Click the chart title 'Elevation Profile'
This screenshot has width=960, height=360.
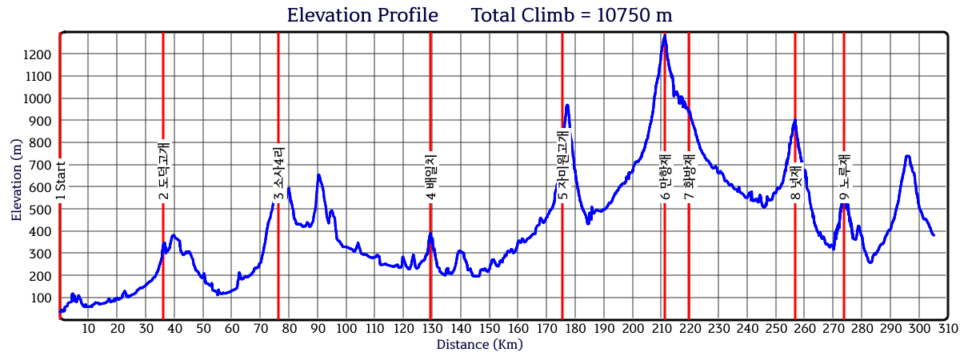click(362, 15)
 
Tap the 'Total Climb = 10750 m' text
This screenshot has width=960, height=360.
click(571, 15)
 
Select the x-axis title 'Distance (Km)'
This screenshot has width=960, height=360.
click(479, 345)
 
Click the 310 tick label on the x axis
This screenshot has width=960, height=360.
click(948, 329)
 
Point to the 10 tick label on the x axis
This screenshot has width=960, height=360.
click(89, 329)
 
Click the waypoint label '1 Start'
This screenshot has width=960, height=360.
click(60, 181)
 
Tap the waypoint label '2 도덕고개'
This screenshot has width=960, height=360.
click(163, 171)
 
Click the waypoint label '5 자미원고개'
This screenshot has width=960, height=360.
click(562, 166)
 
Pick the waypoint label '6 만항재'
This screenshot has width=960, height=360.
click(665, 178)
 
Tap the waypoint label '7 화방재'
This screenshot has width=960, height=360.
click(689, 177)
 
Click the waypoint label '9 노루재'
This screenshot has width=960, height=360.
click(844, 178)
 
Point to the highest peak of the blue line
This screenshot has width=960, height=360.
click(665, 35)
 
